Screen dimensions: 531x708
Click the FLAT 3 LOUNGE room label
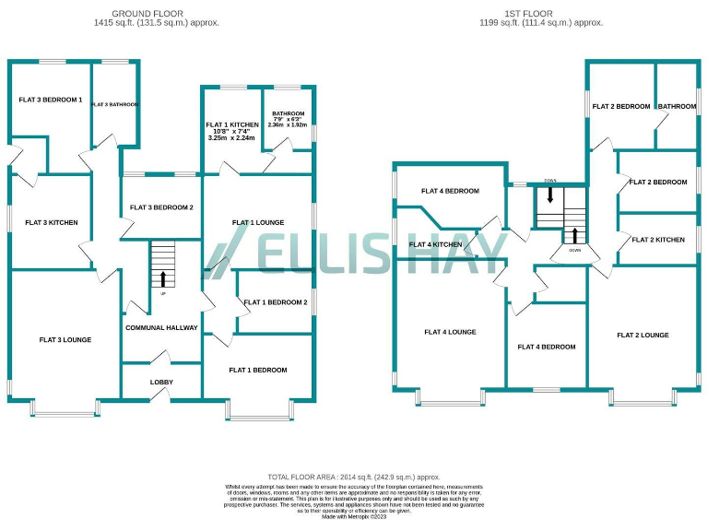(65, 340)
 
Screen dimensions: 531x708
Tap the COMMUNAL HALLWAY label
(161, 328)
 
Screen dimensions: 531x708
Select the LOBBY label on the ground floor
(161, 382)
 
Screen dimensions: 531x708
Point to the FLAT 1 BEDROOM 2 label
(275, 301)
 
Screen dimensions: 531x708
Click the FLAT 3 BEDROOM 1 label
(51, 100)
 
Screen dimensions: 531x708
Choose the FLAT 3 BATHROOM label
(115, 105)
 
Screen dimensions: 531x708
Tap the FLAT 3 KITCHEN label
(52, 222)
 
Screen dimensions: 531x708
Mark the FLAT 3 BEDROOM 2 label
(161, 207)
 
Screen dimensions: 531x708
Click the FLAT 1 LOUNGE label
(258, 222)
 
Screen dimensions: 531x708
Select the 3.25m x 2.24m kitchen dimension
(232, 138)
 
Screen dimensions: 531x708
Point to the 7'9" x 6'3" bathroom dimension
(288, 120)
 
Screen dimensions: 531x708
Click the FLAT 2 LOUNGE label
(643, 335)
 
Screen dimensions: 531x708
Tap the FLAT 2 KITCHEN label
(658, 240)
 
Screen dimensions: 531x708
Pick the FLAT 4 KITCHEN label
(434, 244)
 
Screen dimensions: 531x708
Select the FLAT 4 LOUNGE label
(450, 332)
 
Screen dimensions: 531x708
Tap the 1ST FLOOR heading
(542, 14)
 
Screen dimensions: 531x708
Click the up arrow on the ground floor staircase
(163, 278)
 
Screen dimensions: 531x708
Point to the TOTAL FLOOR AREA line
(354, 477)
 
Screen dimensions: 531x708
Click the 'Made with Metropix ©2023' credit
(354, 517)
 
